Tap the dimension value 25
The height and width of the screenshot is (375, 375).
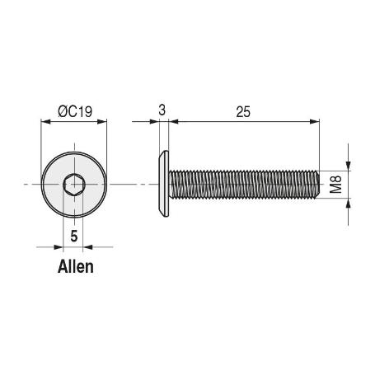click(x=242, y=111)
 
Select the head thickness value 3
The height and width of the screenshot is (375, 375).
click(x=163, y=110)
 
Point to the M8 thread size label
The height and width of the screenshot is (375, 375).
click(x=336, y=184)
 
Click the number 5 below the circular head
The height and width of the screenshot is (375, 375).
click(x=74, y=236)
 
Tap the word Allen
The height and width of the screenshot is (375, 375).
click(x=76, y=266)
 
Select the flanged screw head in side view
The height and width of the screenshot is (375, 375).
click(x=165, y=184)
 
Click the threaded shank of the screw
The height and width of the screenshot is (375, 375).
click(x=239, y=184)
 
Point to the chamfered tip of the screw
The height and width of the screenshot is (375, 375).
click(x=316, y=184)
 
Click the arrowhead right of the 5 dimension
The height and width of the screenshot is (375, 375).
click(x=88, y=246)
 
